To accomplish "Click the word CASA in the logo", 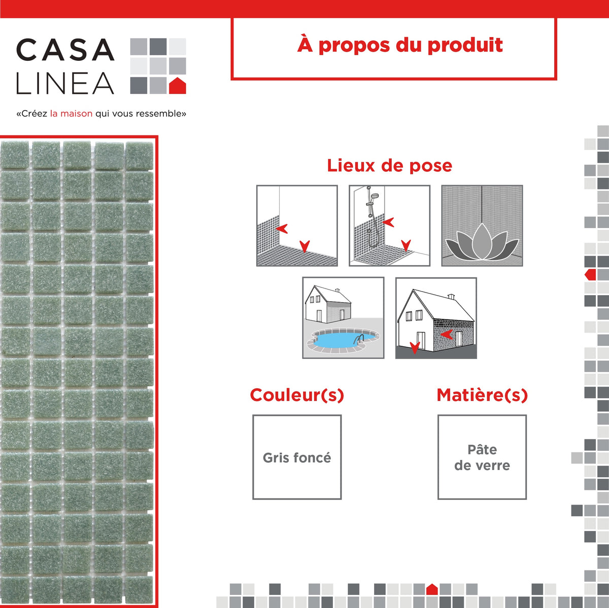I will click(x=65, y=50).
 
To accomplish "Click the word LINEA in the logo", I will click(x=65, y=84).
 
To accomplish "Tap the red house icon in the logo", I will click(x=177, y=86).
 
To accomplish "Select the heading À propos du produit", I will click(x=400, y=45).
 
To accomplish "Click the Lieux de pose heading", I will click(x=389, y=165).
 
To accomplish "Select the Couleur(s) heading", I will click(x=297, y=395).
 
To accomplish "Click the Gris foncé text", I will click(x=297, y=458).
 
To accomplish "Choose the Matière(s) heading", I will click(x=482, y=395).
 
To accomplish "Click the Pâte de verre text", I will click(x=482, y=457).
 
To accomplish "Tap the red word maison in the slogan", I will click(x=76, y=114).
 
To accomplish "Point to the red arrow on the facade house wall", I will click(x=447, y=334).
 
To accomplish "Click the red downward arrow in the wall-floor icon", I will click(x=304, y=246).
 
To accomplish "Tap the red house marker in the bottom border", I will click(x=432, y=589).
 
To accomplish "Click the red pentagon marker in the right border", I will click(x=590, y=275).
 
